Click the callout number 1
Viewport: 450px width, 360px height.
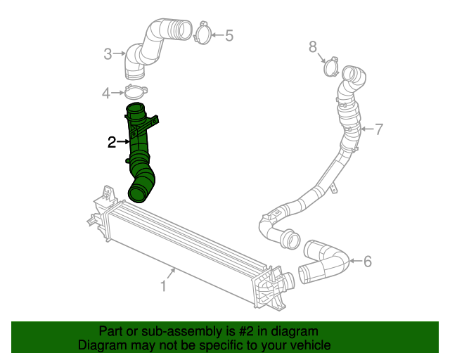(163, 286)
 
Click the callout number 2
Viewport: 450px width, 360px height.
(112, 143)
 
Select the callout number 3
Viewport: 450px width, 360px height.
(108, 53)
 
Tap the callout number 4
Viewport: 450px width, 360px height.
(107, 93)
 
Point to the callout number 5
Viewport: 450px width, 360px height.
(229, 34)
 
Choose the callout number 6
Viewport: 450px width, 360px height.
(367, 262)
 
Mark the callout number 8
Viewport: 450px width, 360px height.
(314, 47)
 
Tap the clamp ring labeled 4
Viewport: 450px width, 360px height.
(134, 92)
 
